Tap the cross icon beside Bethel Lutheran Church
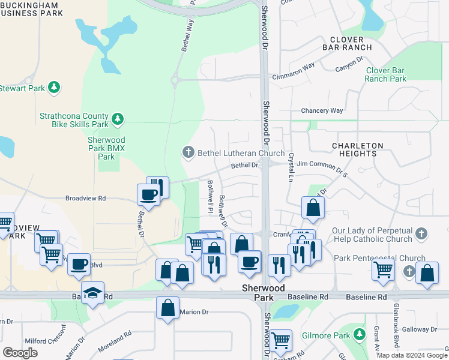pyautogui.click(x=188, y=152)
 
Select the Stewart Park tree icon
pyautogui.click(x=54, y=88)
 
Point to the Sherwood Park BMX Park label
pyautogui.click(x=106, y=148)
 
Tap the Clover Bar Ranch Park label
pyautogui.click(x=386, y=74)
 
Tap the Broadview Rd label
pyautogui.click(x=85, y=198)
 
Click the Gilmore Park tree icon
pyautogui.click(x=359, y=334)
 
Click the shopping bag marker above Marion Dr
pyautogui.click(x=168, y=307)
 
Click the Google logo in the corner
pyautogui.click(x=20, y=353)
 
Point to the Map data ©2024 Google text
pyautogui.click(x=412, y=355)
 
